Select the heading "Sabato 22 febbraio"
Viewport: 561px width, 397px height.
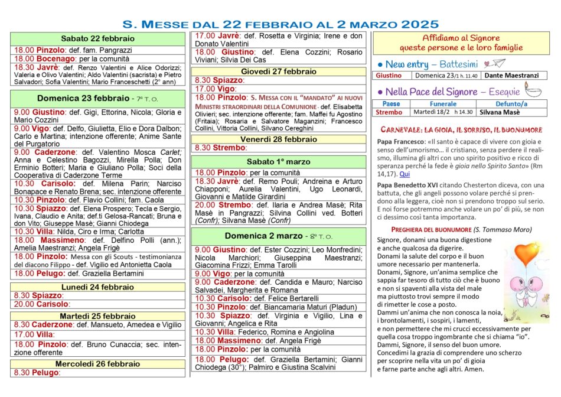coord(97,38)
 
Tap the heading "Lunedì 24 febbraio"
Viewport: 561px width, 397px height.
coord(97,287)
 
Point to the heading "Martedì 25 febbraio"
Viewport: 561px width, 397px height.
coord(97,316)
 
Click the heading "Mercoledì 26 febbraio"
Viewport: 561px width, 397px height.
coord(97,363)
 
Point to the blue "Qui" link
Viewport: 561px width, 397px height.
coord(405,174)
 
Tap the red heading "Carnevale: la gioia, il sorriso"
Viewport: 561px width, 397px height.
coord(461,129)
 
